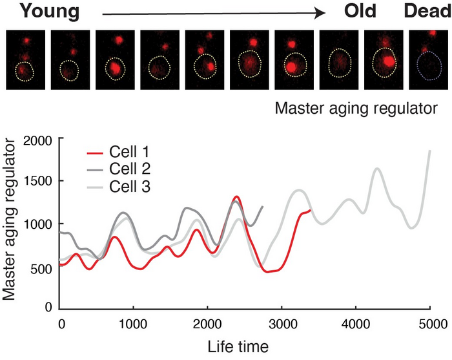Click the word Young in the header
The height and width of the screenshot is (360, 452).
[41, 12]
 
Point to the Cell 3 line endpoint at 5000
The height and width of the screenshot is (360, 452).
[430, 151]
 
